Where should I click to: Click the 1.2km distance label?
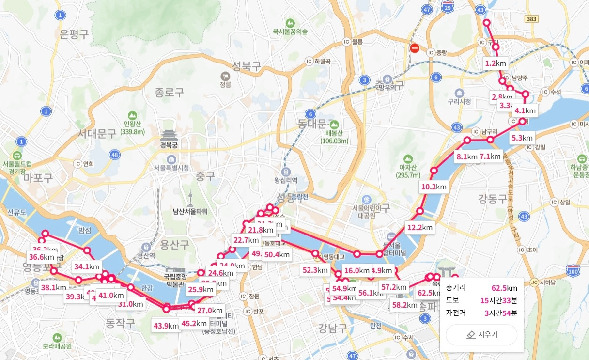[x=496, y=63]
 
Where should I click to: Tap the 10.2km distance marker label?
[x=434, y=187]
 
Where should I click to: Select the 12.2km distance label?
[x=420, y=227]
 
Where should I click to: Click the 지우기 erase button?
[x=481, y=335]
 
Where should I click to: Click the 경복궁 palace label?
[x=170, y=144]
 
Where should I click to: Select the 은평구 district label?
[x=74, y=34]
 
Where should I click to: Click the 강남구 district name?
[x=333, y=329]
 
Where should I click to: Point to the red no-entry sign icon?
[x=414, y=48]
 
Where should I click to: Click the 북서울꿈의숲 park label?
[x=290, y=32]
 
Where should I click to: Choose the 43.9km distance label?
[x=166, y=326]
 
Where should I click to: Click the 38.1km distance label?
[x=54, y=287]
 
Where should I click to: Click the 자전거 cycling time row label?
[x=456, y=313]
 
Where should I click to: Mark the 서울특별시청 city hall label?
[x=171, y=168]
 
